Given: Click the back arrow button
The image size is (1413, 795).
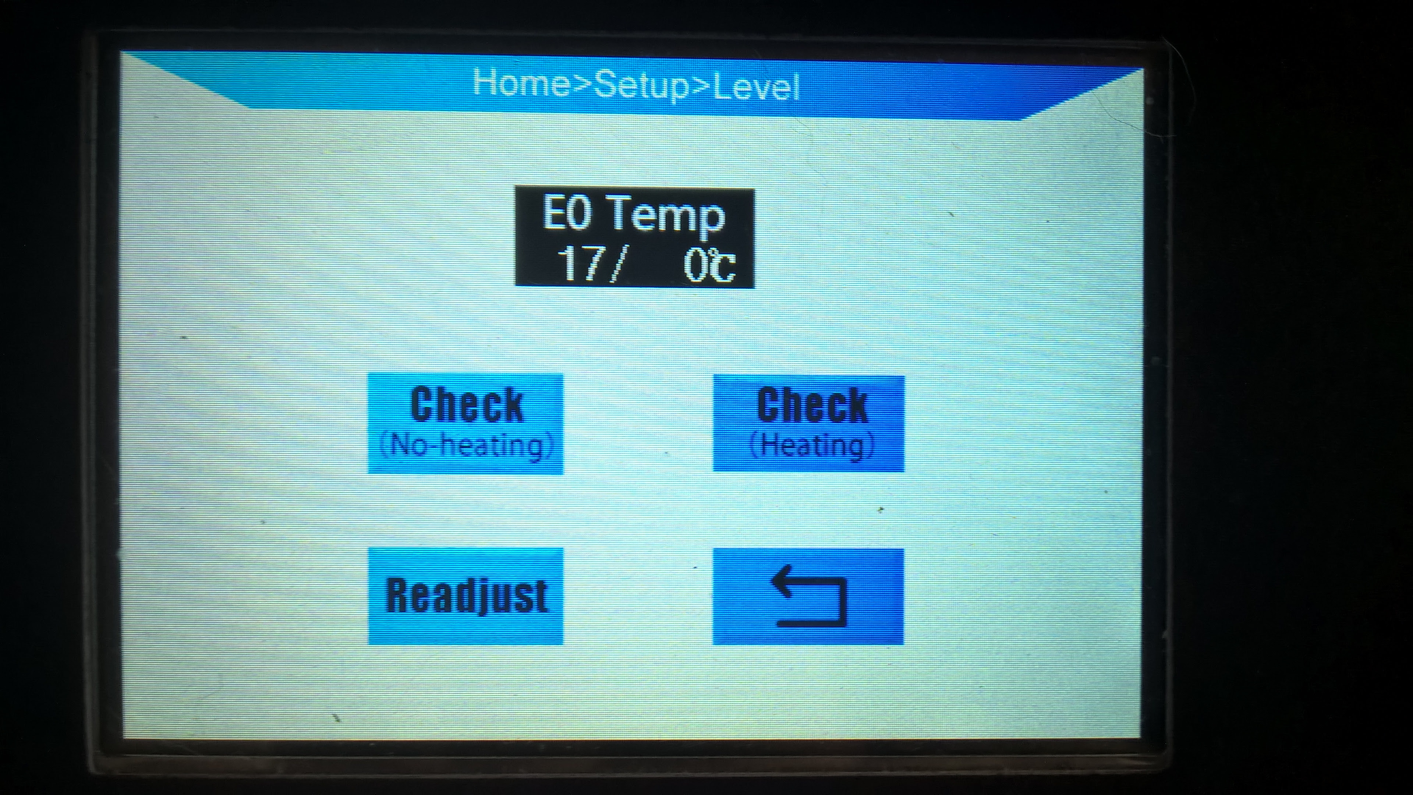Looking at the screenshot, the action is tap(808, 596).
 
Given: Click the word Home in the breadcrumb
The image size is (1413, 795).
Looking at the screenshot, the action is tap(521, 83).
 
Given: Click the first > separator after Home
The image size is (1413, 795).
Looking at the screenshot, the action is tap(582, 84).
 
